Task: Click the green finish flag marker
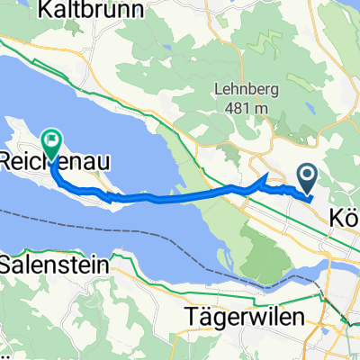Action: (x=52, y=142)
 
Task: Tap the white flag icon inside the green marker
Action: (x=52, y=139)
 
